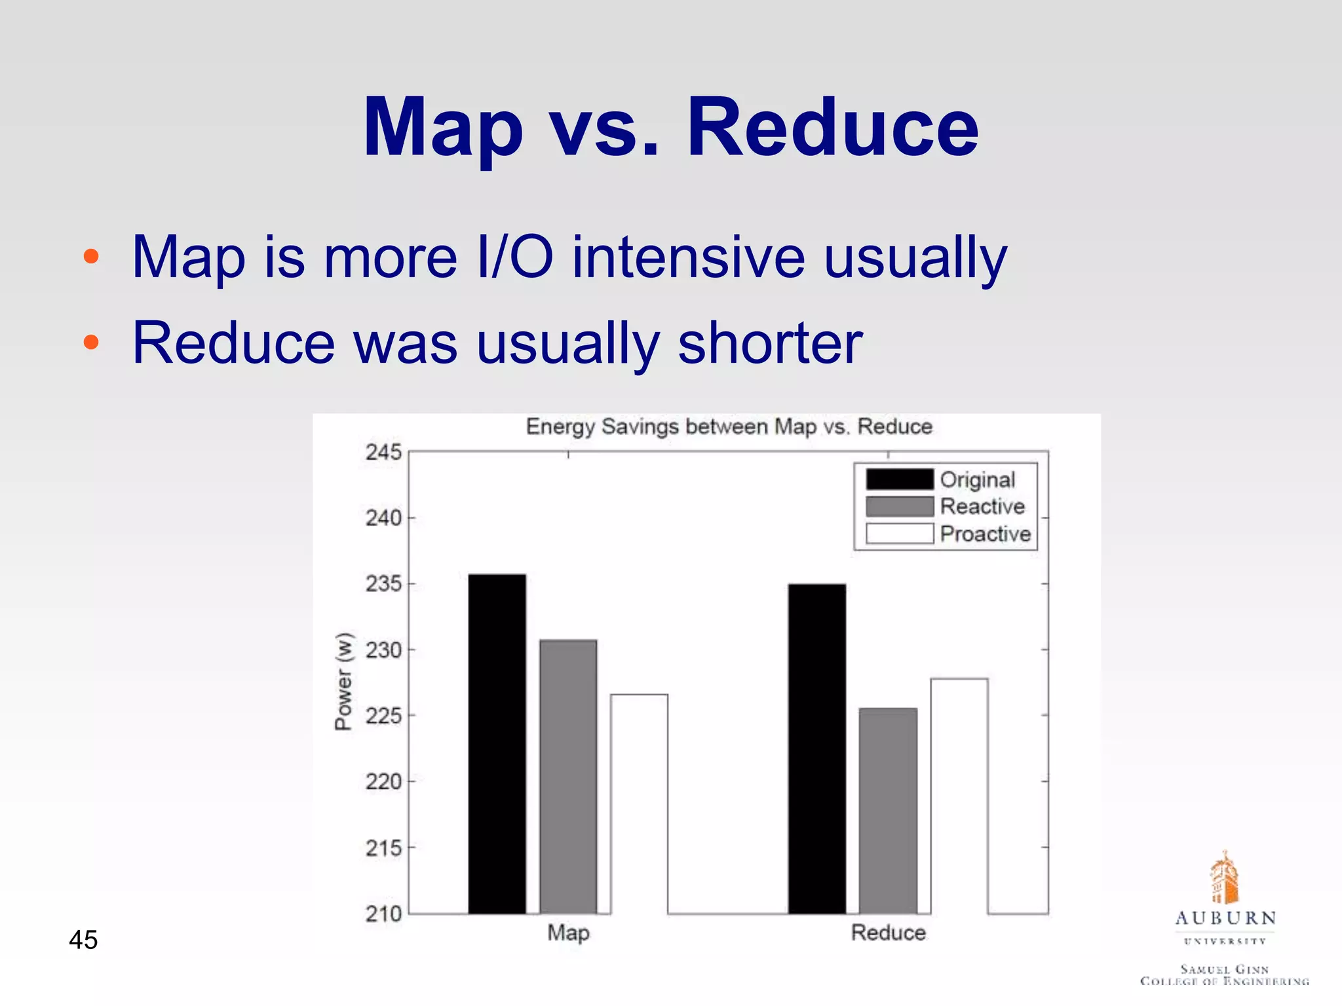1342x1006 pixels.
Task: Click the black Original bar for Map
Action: click(497, 743)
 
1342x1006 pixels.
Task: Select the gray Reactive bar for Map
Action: click(568, 776)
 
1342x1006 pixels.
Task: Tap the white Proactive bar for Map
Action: click(639, 804)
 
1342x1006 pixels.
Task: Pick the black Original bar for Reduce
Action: click(816, 748)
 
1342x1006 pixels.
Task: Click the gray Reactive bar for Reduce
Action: click(888, 810)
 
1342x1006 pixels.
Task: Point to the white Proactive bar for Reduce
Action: click(959, 796)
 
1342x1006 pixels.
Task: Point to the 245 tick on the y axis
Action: click(383, 452)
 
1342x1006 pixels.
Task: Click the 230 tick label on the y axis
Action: click(383, 650)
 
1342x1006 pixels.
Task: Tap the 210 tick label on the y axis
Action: click(383, 914)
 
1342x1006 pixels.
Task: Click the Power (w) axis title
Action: click(343, 681)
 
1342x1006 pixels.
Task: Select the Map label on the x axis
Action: click(568, 933)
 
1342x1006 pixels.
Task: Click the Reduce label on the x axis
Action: click(888, 933)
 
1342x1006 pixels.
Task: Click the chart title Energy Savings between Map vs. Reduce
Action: click(729, 427)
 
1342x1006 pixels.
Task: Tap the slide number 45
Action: click(83, 940)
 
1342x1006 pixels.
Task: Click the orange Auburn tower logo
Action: click(1224, 878)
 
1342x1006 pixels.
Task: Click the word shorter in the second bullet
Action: click(770, 343)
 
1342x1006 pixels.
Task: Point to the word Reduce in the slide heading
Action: click(832, 127)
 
